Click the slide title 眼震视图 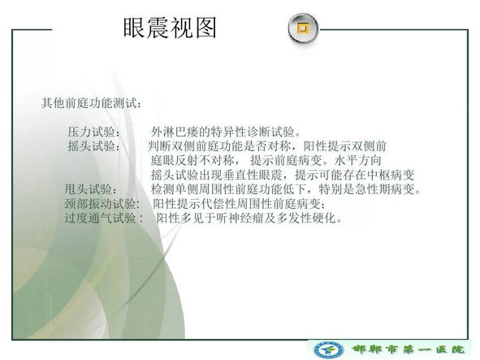tap(170, 28)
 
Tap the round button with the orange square tap(303, 28)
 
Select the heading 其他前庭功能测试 tap(89, 103)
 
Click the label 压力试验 tap(91, 132)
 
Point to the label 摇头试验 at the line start tap(91, 146)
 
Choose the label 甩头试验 tap(89, 189)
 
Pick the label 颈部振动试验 tap(100, 204)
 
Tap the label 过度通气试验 tap(100, 218)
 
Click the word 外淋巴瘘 tap(175, 132)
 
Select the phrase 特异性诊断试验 tap(247, 132)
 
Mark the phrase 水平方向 tap(358, 160)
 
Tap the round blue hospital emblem tap(329, 350)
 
